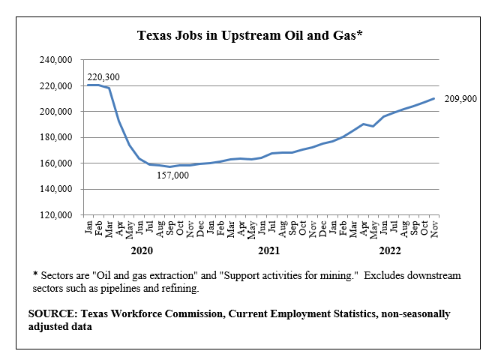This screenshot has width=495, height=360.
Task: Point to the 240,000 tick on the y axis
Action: tap(56, 60)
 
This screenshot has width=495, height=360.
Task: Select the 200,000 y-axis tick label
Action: tap(56, 112)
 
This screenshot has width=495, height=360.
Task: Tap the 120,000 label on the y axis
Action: tap(56, 215)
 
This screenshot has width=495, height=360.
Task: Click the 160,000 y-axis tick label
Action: tap(56, 163)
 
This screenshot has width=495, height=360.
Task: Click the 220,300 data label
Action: tap(103, 77)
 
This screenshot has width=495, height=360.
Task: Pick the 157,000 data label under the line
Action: tap(172, 175)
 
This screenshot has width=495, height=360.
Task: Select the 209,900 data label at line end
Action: tap(460, 99)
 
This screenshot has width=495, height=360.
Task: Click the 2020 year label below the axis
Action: tap(142, 250)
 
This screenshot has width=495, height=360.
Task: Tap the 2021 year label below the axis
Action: tap(269, 250)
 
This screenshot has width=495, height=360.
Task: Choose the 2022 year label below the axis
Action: tap(390, 250)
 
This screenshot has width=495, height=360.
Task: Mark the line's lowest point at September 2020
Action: tap(169, 166)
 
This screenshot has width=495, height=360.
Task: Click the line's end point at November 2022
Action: tap(433, 98)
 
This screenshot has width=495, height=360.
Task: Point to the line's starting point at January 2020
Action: tap(88, 85)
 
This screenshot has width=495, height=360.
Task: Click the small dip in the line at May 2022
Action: tap(373, 126)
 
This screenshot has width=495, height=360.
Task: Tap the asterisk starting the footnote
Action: tap(35, 274)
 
